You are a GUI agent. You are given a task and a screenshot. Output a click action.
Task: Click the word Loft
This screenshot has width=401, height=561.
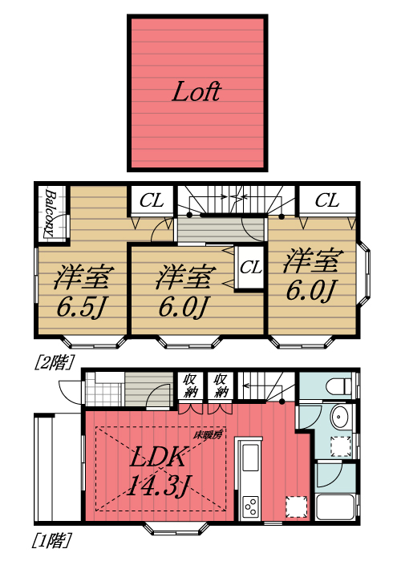[x=196, y=91]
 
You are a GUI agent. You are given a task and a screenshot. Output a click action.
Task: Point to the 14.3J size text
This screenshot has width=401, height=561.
[x=159, y=485]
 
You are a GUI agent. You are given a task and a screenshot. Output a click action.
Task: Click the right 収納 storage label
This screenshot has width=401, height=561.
[x=220, y=386]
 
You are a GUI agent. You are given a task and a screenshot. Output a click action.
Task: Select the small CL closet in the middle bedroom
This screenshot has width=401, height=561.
[x=250, y=267]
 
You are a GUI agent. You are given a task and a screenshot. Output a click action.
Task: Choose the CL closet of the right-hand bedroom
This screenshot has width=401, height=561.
[x=326, y=200]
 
